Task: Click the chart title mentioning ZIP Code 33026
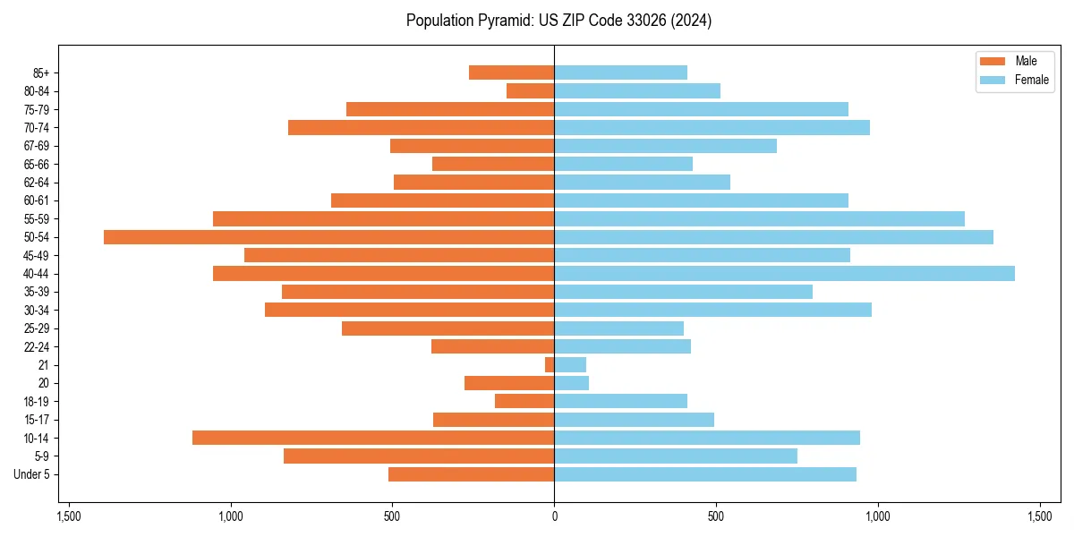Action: (x=558, y=21)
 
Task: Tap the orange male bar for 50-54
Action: (x=328, y=237)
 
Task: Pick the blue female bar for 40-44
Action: (x=784, y=274)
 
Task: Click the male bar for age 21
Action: (x=550, y=365)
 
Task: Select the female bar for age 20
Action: (x=572, y=383)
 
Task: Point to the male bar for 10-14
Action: (x=373, y=438)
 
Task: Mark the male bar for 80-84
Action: (x=531, y=91)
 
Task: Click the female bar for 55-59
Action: (x=759, y=219)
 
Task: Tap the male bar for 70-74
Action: (x=421, y=128)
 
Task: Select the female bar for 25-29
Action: (x=619, y=328)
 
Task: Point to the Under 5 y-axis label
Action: (x=32, y=474)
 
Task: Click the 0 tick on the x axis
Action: (x=554, y=516)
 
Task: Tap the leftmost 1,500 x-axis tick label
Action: (x=69, y=516)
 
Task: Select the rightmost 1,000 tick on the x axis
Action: (x=877, y=516)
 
